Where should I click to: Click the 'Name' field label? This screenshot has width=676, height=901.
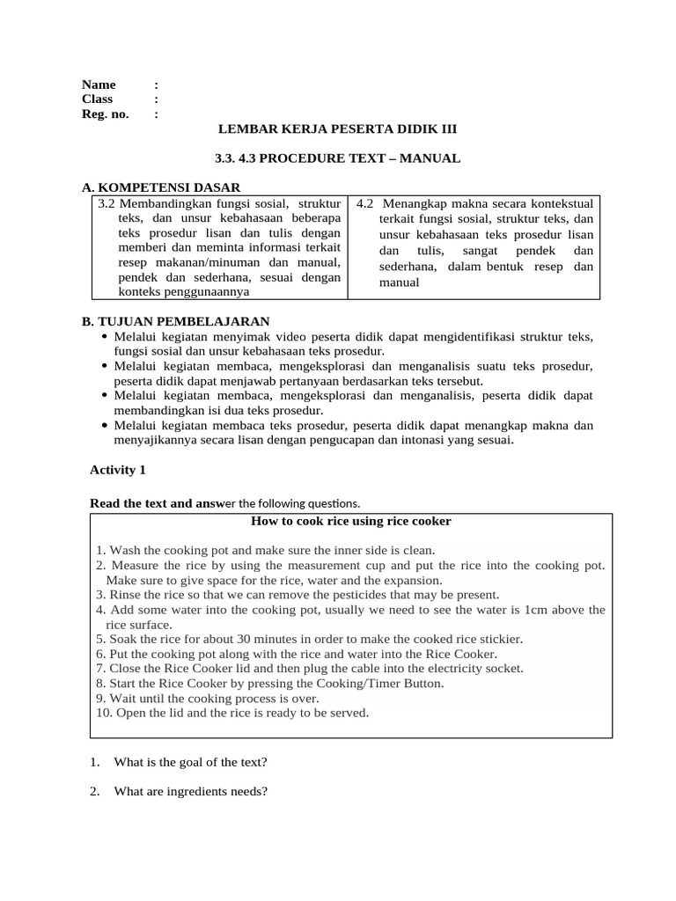point(99,84)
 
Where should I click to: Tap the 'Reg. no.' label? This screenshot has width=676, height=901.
point(105,114)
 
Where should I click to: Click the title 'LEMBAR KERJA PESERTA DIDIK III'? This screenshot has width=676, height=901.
point(337,129)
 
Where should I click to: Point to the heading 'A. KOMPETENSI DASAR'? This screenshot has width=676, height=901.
point(160,187)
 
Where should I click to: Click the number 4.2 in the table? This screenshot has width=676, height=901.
point(365,203)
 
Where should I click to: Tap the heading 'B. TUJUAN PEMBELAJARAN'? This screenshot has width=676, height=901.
point(175,321)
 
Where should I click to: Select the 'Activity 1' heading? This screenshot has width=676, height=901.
point(118,470)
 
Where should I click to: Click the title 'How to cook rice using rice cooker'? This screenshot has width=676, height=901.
point(351,521)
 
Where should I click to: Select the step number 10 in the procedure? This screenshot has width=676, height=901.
point(103,713)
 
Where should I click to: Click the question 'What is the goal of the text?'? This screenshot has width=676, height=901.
point(190,762)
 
